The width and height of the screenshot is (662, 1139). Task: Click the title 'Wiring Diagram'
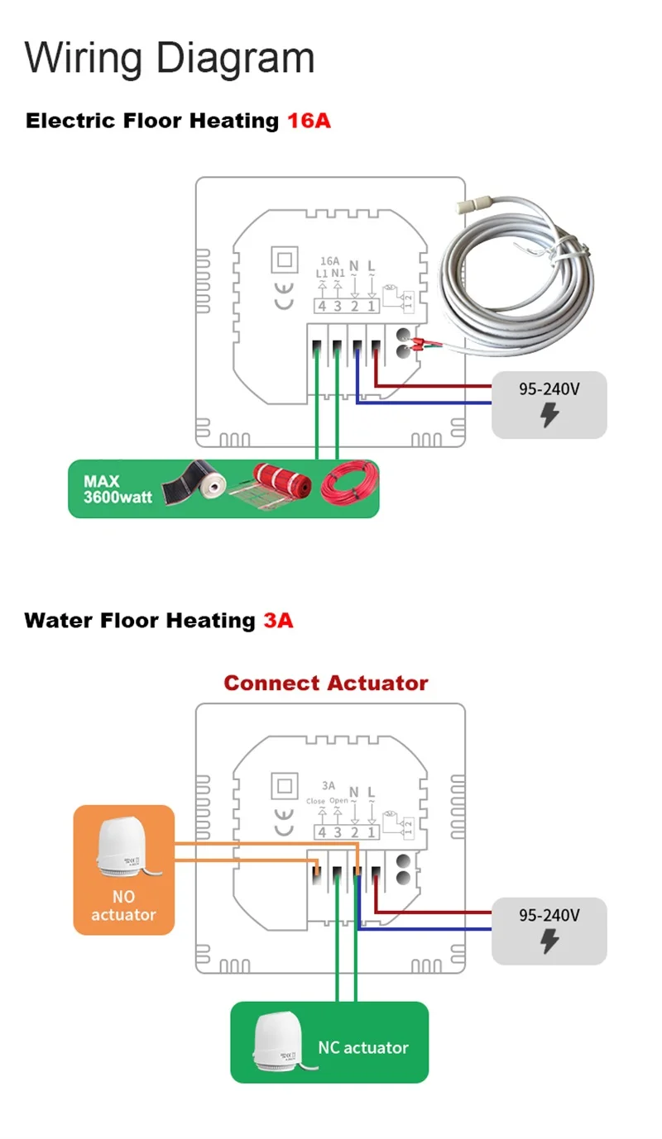[x=170, y=58]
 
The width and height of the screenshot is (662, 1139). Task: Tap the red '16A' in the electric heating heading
[x=309, y=121]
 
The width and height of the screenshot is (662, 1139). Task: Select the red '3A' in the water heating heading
[x=278, y=620]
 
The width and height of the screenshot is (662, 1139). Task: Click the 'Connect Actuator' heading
[x=326, y=684]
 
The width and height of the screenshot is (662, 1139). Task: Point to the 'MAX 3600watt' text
[x=118, y=489]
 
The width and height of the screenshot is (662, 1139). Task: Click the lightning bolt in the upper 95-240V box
[x=549, y=416]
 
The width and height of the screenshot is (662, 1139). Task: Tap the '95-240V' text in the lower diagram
[x=549, y=916]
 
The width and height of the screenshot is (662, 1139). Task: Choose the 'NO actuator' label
[x=123, y=906]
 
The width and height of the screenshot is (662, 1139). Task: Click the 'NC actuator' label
[x=363, y=1047]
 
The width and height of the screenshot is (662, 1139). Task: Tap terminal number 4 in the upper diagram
[x=322, y=306]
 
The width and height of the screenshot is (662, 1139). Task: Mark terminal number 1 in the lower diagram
[x=372, y=832]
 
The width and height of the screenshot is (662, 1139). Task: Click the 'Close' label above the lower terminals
[x=315, y=801]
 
